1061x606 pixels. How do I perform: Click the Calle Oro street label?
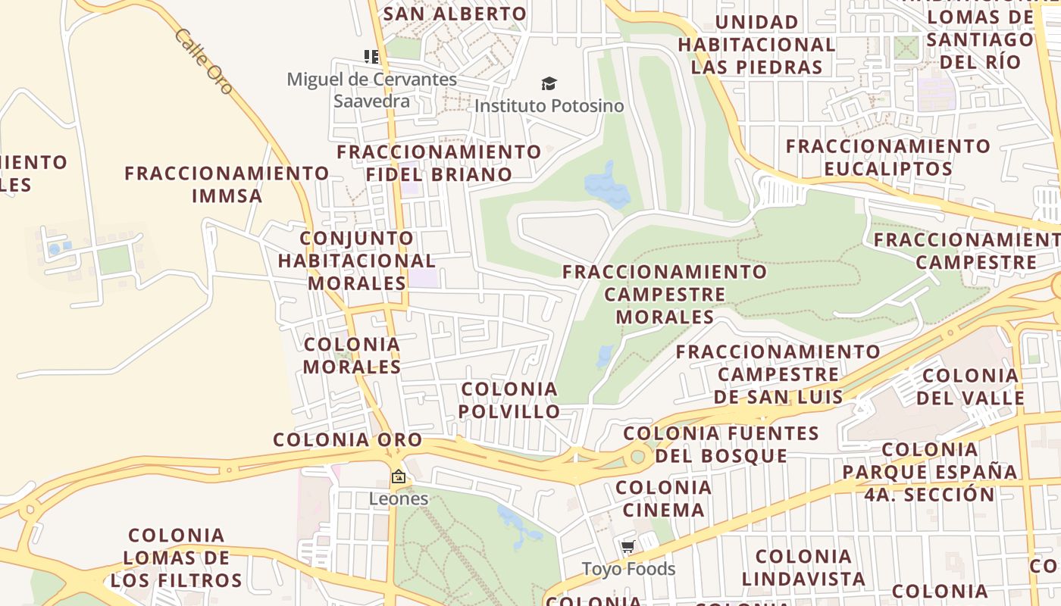[204, 61]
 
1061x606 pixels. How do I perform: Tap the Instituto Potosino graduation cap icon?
[549, 83]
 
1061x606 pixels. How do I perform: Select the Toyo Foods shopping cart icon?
[628, 547]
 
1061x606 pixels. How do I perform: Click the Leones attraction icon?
[398, 476]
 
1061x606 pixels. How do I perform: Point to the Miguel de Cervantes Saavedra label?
[371, 89]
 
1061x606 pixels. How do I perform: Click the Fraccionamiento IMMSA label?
[227, 184]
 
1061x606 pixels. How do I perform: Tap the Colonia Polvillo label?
[510, 400]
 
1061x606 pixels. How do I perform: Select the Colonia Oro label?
[347, 439]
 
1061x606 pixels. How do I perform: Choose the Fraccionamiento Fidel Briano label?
[439, 163]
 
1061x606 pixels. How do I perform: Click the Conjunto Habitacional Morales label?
[356, 261]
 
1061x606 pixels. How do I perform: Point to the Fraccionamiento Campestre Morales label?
[665, 294]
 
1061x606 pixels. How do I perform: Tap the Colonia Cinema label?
[663, 498]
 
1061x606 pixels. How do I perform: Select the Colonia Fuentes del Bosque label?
[721, 445]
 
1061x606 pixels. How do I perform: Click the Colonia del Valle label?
[970, 386]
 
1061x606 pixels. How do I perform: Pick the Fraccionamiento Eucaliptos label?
[887, 157]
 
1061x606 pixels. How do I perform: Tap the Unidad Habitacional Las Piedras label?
[756, 44]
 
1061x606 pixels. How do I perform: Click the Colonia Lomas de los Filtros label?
[176, 558]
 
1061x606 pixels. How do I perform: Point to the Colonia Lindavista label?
[803, 568]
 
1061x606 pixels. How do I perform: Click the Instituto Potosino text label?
[549, 106]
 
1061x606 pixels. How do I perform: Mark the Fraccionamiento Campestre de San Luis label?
[778, 374]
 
